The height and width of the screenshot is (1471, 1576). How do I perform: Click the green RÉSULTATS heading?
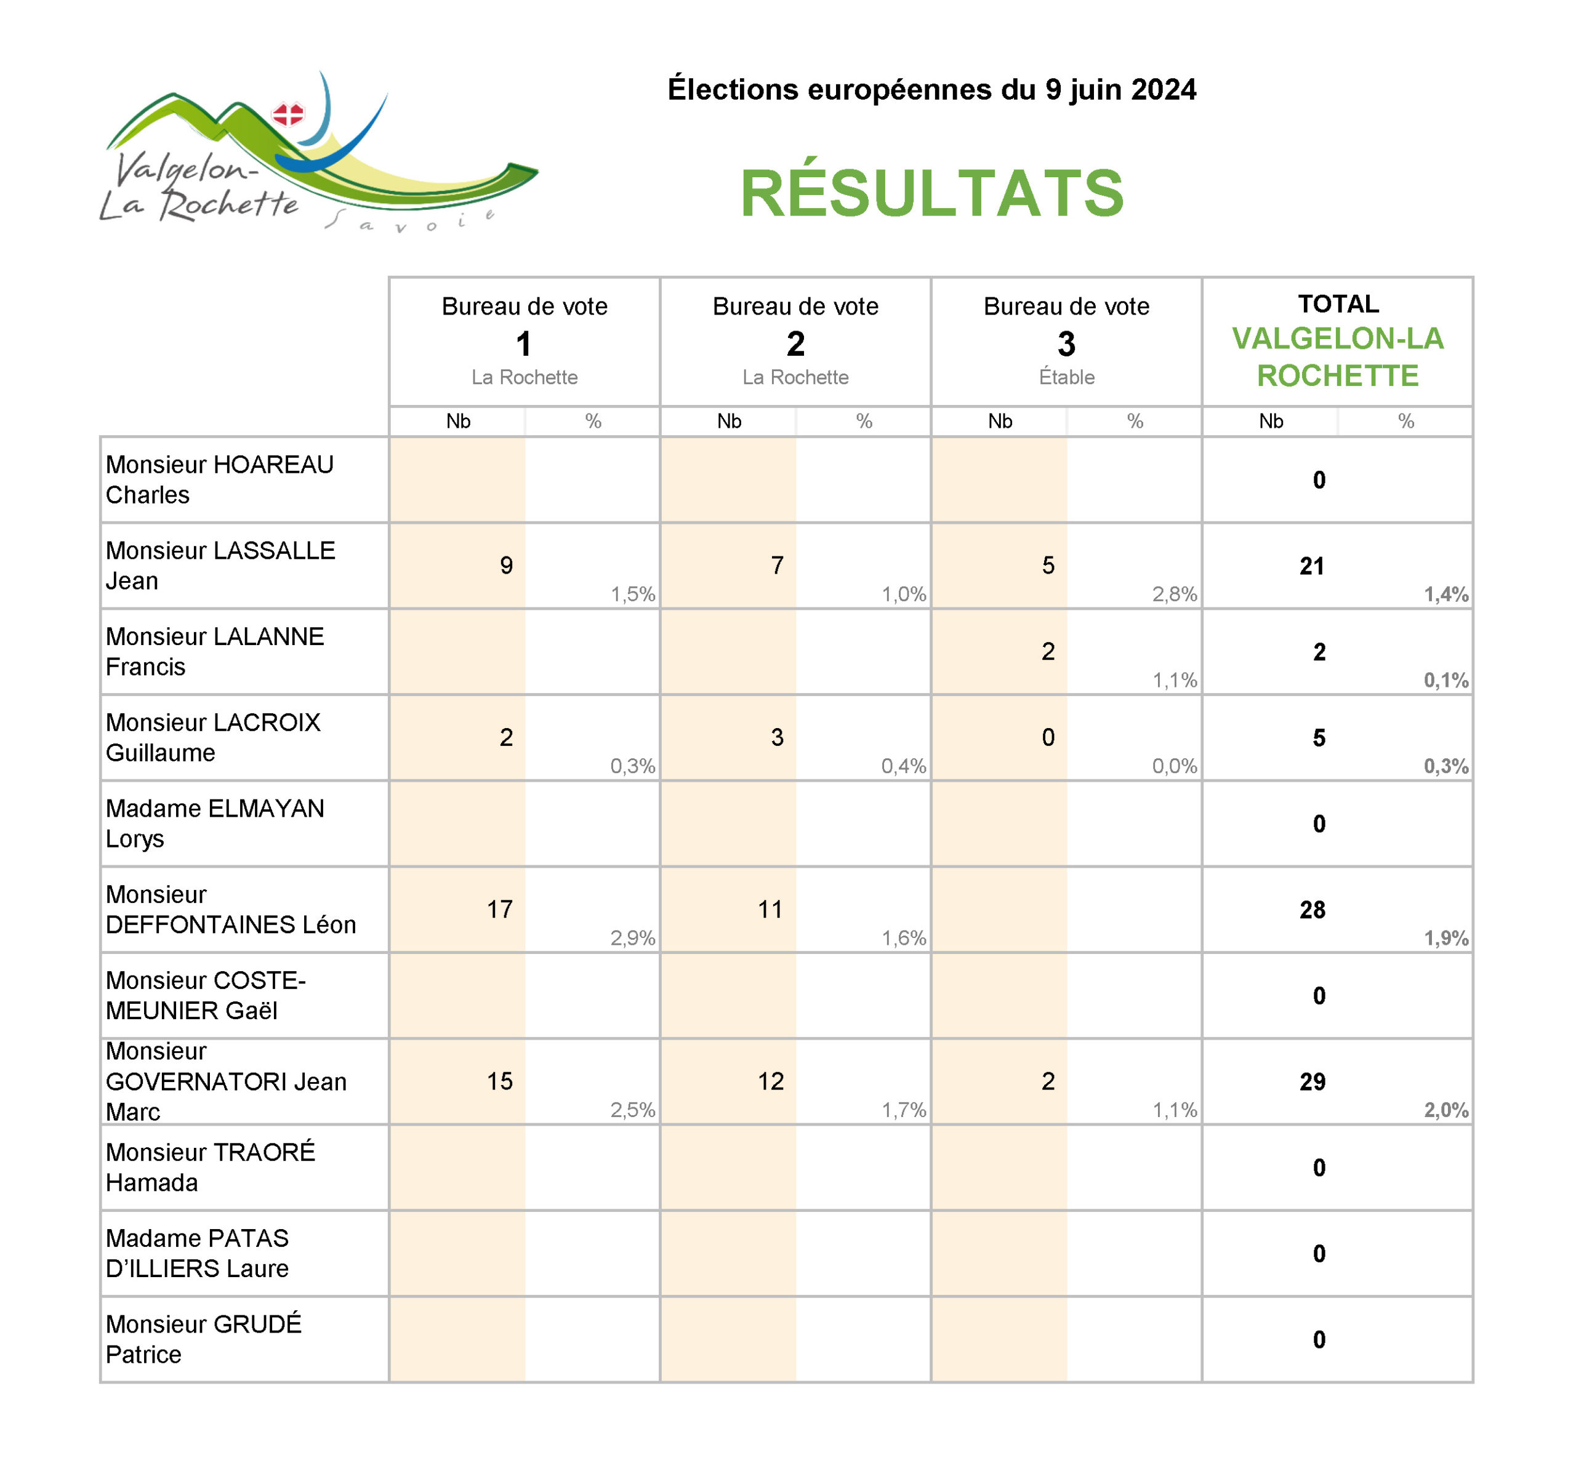coord(931,193)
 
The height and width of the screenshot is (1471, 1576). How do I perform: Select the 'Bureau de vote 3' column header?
coord(1066,325)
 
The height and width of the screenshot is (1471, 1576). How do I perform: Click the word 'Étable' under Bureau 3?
coord(1066,377)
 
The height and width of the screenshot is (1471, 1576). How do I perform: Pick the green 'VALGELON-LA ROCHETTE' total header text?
coord(1337,356)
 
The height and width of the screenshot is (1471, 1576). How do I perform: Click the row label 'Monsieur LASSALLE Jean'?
coord(220,565)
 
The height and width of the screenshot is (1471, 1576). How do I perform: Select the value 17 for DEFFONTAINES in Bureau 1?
coord(499,909)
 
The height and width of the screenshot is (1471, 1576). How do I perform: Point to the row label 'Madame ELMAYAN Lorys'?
coord(215,824)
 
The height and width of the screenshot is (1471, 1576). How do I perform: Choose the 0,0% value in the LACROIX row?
coord(1174,766)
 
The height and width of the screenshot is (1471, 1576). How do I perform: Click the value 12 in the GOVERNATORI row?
coord(771,1081)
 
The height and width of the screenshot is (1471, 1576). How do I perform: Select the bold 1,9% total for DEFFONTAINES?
coord(1446,939)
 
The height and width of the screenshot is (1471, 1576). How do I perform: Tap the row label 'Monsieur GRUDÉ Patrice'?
coord(204,1339)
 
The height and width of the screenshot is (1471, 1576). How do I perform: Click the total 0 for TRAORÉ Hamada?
coord(1318,1168)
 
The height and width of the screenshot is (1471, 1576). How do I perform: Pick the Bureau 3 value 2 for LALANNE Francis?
coord(1048,652)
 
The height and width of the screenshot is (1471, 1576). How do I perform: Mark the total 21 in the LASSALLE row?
coord(1312,566)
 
